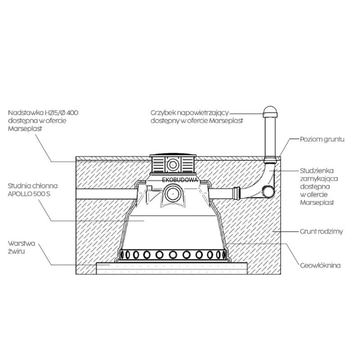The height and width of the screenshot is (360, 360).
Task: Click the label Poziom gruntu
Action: click(322, 139)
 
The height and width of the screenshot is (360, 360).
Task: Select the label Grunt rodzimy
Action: click(321, 232)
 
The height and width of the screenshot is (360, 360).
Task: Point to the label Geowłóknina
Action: click(320, 265)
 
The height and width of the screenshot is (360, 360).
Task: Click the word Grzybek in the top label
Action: click(163, 113)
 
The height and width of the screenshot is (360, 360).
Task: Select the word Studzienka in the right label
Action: click(316, 171)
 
